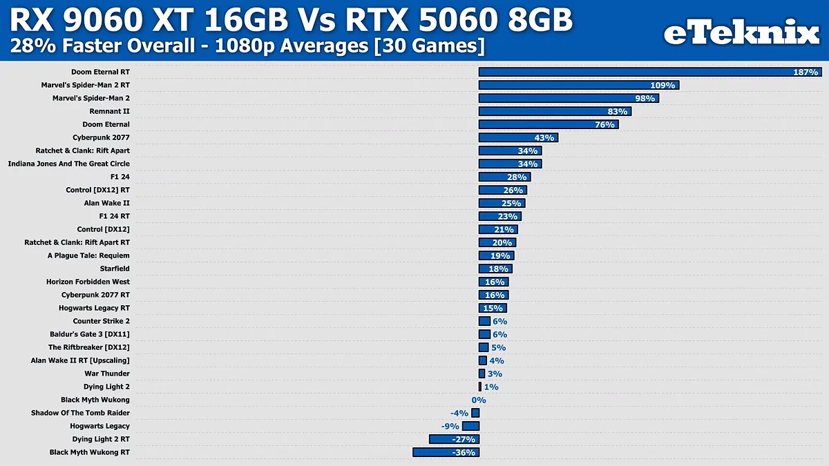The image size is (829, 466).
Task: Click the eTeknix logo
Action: click(741, 32)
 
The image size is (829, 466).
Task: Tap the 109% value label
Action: click(663, 85)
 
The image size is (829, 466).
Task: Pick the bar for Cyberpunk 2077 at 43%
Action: click(518, 137)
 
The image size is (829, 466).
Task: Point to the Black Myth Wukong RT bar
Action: click(446, 452)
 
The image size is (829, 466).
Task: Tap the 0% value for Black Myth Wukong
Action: click(479, 400)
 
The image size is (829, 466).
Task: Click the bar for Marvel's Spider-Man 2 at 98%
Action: click(569, 98)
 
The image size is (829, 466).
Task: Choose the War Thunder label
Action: click(107, 373)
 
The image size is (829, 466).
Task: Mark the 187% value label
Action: click(806, 72)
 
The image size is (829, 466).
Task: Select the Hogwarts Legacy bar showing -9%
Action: click(470, 426)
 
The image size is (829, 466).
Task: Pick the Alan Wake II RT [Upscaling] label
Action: click(80, 360)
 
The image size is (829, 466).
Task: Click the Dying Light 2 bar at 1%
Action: click(480, 387)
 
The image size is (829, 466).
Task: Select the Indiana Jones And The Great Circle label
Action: click(68, 164)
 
